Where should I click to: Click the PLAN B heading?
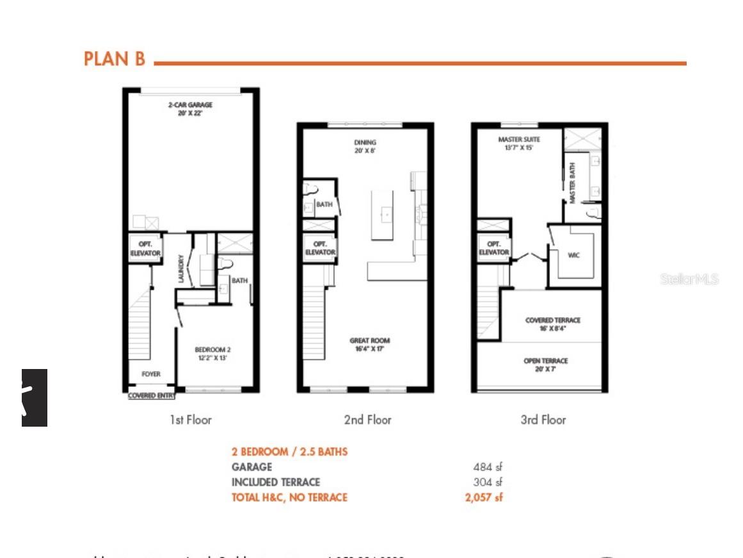[115, 59]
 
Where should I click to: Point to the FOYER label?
[151, 373]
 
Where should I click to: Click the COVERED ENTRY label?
[152, 396]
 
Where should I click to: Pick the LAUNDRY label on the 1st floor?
[182, 270]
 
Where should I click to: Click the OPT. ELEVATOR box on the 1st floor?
[145, 249]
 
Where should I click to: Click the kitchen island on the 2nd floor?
[383, 215]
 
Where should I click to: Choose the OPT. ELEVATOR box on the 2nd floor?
[320, 248]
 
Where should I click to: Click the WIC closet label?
[574, 256]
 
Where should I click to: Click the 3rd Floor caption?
[543, 420]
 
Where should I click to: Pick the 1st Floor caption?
[190, 420]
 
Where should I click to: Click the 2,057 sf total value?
[483, 497]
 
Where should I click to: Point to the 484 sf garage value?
[487, 467]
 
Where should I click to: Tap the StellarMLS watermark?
[689, 279]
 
